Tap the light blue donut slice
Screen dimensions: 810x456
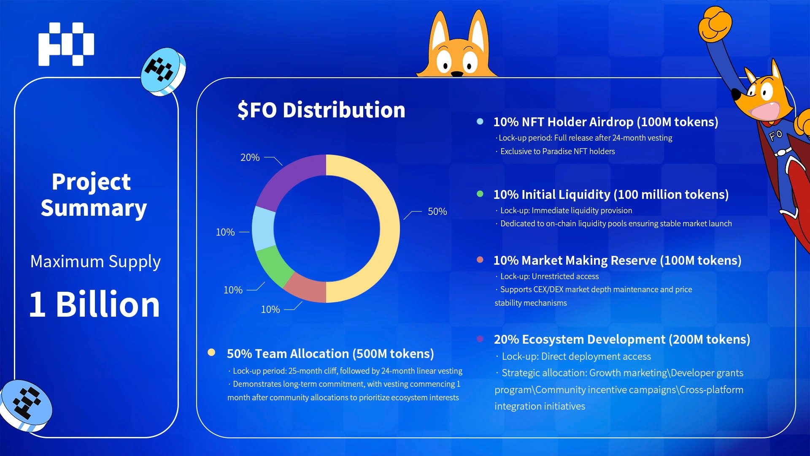pos(263,228)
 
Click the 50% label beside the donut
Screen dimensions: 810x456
pos(437,212)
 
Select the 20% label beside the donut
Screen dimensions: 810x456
pos(250,157)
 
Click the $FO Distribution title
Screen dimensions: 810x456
pos(321,110)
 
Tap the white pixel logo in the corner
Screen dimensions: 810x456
pos(66,44)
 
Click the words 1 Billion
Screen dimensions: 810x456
pos(94,304)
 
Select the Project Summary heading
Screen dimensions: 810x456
pos(94,195)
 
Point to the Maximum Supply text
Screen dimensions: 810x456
pos(95,262)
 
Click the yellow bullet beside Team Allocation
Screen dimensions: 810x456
pos(211,352)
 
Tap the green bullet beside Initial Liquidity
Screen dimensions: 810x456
pos(480,194)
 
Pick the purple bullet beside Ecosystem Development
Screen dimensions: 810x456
pos(480,339)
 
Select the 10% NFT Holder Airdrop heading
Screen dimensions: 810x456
pos(605,122)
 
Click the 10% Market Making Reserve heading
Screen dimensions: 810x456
pos(617,261)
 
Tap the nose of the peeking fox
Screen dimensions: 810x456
pos(456,74)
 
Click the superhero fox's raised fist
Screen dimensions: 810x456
pos(715,24)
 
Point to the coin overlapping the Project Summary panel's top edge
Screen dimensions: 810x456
pos(163,71)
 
